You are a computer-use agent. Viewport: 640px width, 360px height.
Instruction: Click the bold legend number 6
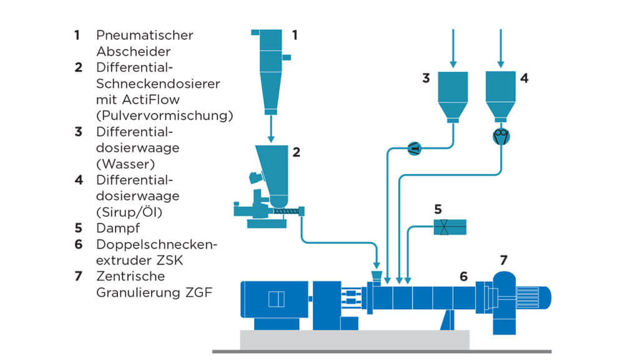pos(78,245)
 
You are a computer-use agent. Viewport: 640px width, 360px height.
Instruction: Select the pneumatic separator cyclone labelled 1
pos(270,69)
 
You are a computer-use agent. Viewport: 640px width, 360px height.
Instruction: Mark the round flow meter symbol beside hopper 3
pos(415,148)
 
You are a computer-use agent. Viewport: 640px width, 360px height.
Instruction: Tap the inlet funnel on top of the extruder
pos(377,275)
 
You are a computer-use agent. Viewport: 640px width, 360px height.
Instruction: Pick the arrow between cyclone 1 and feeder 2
pos(271,129)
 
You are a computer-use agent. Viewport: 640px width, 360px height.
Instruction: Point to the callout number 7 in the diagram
pos(505,259)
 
